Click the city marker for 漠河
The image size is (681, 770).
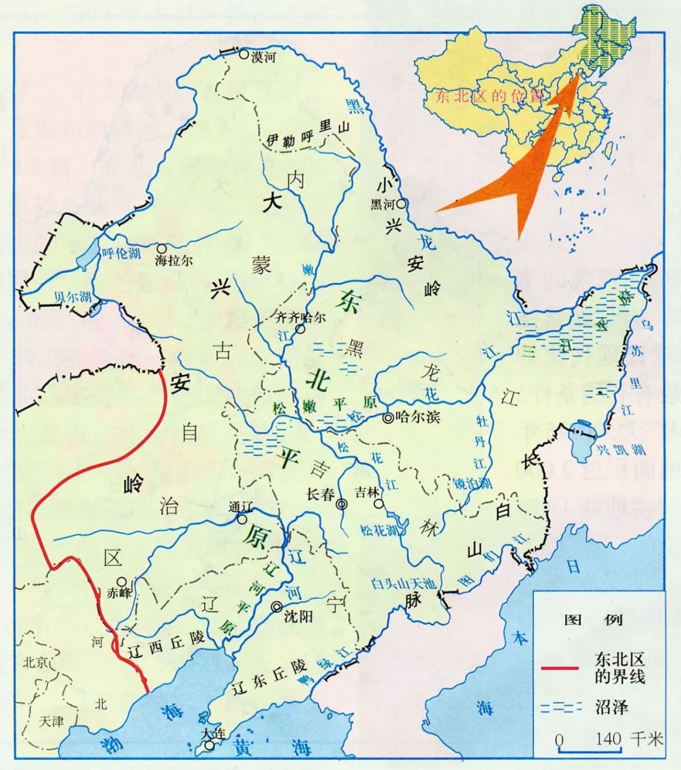[x=243, y=55]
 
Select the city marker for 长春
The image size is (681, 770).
[x=342, y=504]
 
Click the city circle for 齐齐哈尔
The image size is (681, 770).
[x=301, y=329]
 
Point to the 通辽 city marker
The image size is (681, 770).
[x=242, y=519]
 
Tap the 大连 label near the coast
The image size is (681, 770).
[x=210, y=734]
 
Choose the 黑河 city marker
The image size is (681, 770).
[x=400, y=204]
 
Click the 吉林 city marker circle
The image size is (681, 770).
[x=378, y=504]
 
